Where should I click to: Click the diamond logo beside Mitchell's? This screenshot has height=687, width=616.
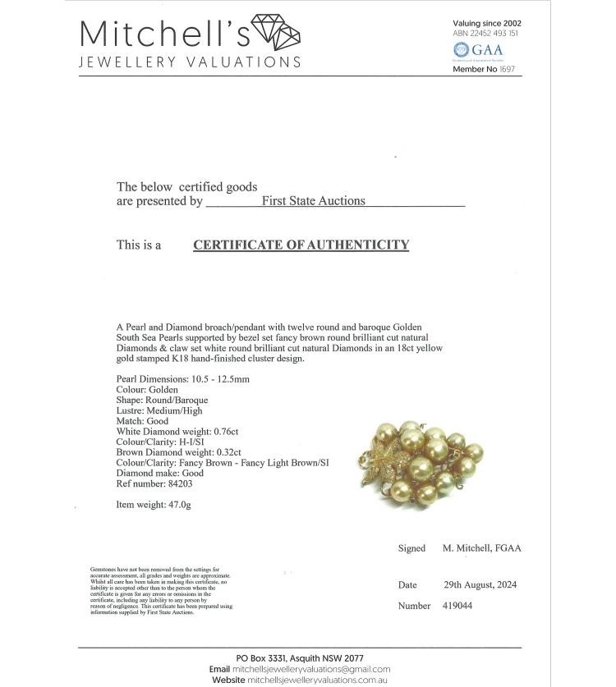tap(275, 32)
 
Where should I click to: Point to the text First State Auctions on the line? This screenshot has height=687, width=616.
tap(313, 200)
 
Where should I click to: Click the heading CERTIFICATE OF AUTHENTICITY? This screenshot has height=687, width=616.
tap(301, 245)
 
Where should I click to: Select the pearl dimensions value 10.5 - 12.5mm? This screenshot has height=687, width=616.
tap(220, 379)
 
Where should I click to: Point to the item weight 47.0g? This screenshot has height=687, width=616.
tap(179, 505)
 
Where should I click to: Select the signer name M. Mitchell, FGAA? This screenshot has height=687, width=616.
tap(482, 548)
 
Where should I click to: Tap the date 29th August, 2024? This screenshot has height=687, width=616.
tap(480, 585)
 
